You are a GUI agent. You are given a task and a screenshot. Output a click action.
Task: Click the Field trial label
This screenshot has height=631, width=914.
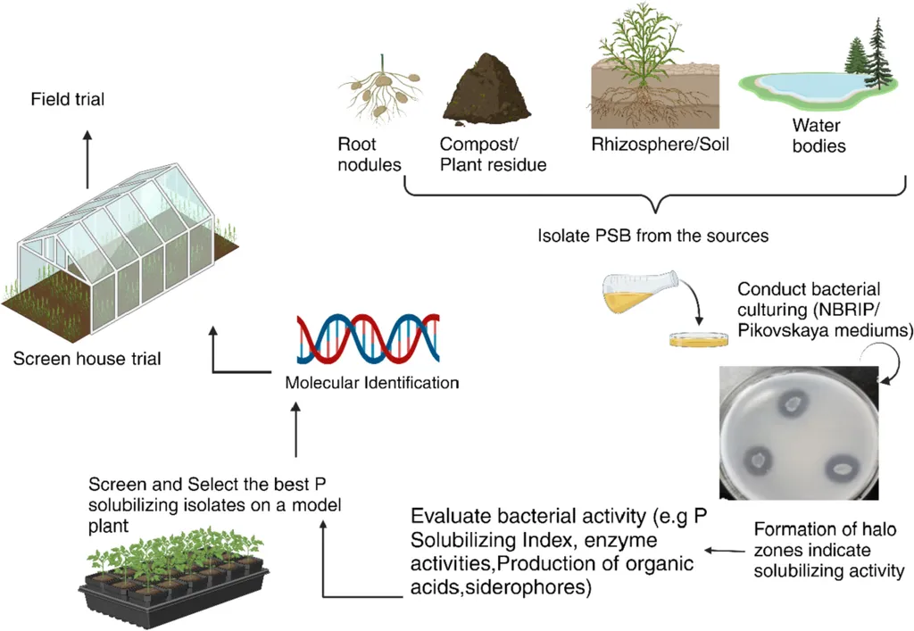[x=67, y=99]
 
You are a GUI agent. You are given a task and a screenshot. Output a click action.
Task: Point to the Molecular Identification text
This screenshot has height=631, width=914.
[x=371, y=384]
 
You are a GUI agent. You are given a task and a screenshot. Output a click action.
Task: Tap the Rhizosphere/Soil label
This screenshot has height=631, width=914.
[x=661, y=143]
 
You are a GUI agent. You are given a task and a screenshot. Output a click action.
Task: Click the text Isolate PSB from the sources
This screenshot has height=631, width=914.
[x=653, y=237]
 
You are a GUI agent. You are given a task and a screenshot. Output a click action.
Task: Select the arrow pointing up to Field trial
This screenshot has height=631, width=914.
[x=87, y=158]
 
